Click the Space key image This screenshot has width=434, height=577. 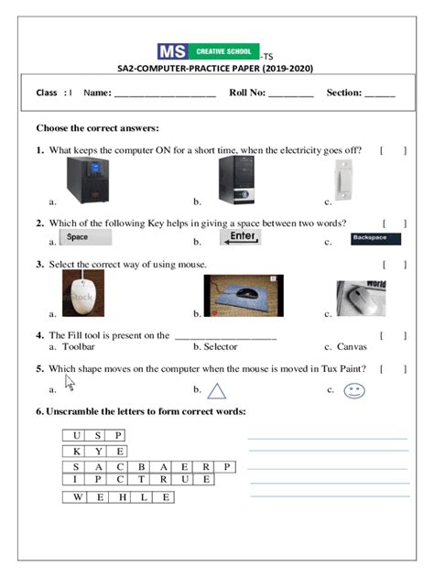coord(84,237)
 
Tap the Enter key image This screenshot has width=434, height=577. coord(242,238)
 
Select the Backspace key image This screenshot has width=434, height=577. coord(374,239)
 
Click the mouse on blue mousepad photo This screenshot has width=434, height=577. coord(244,298)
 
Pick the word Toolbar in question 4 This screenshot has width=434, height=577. coord(77,347)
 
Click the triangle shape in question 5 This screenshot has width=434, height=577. coord(216,391)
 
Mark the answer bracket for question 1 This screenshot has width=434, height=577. coord(393,150)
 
